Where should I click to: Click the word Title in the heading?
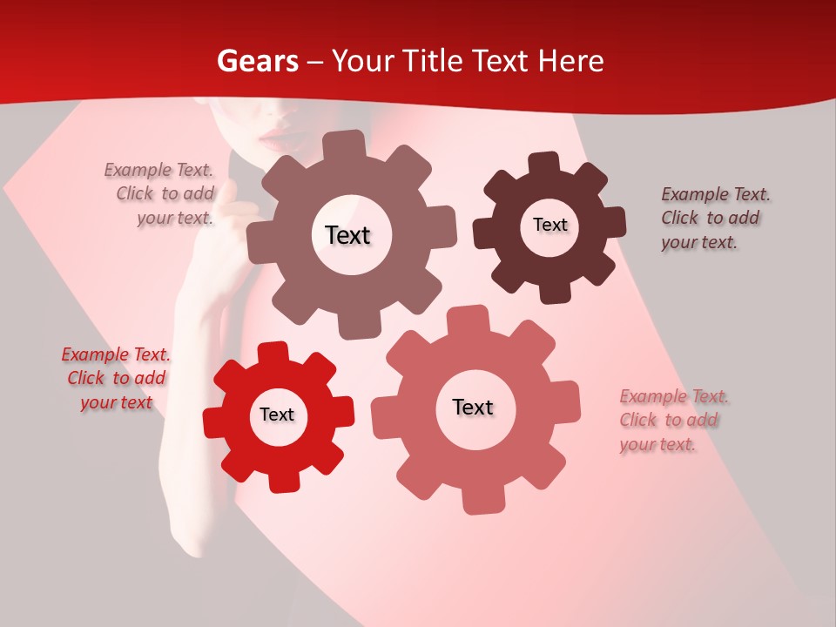pos(430,61)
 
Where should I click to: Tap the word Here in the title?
pos(571,61)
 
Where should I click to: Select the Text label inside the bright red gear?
pos(277,415)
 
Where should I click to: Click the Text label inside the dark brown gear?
pos(549,225)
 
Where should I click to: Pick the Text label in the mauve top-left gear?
pos(347,235)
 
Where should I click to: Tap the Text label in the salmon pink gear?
pos(473,408)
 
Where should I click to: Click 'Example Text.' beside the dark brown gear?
pos(715,194)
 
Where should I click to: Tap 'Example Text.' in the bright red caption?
pos(116,354)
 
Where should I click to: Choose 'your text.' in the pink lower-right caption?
pos(657,445)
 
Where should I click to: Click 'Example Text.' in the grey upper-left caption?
pos(158,170)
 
